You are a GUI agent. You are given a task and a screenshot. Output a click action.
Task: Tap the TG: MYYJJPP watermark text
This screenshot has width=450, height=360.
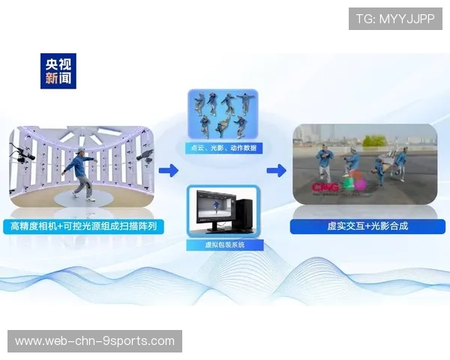tap(395, 19)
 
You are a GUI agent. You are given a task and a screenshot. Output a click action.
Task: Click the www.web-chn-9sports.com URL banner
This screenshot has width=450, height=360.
tap(95, 341)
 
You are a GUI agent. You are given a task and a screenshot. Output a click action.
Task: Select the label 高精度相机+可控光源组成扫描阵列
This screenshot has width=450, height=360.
tap(82, 226)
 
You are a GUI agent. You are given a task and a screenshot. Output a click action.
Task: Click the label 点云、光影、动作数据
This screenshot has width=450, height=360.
tap(223, 148)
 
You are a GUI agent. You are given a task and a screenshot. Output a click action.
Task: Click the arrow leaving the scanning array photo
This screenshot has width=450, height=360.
tap(168, 171)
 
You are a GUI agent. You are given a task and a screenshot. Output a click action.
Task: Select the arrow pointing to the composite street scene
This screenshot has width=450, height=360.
tap(276, 171)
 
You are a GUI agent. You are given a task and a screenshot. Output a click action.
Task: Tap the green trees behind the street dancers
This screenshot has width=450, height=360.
tap(373, 140)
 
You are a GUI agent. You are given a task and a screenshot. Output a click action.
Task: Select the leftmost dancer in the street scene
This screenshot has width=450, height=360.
tap(324, 161)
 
